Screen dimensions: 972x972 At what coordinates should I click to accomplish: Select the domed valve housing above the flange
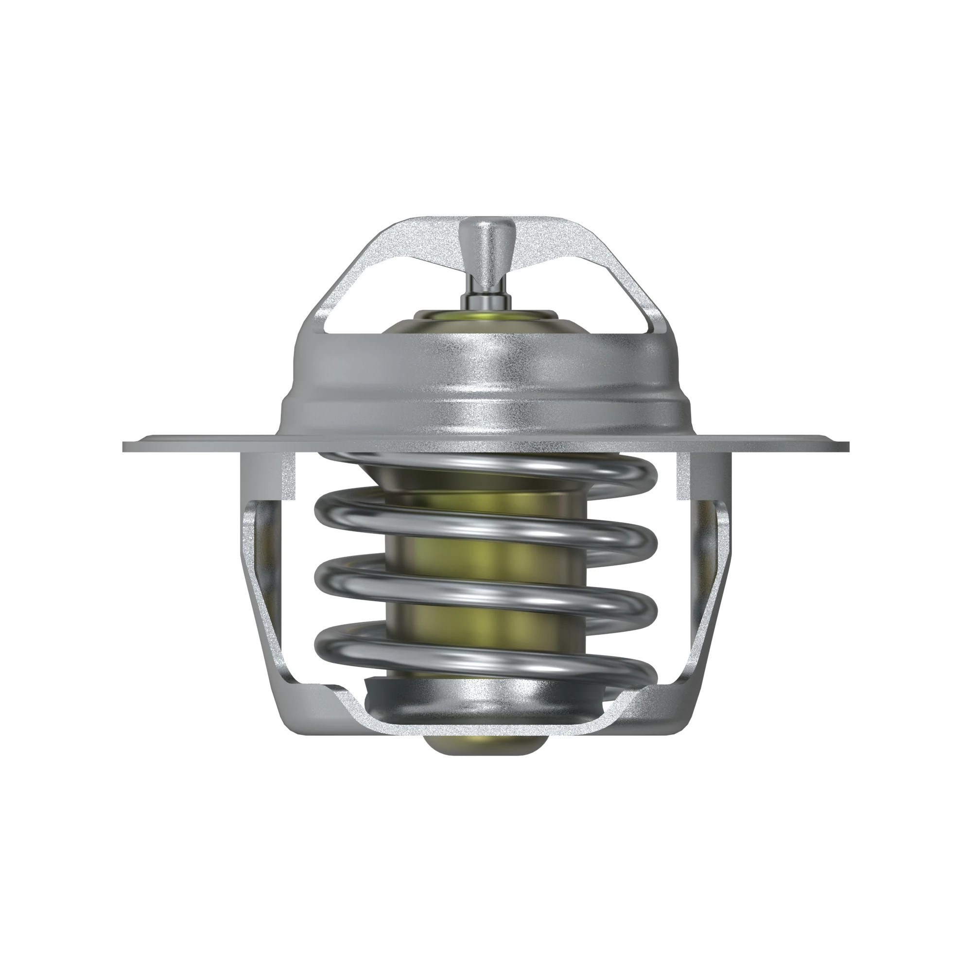[x=486, y=377]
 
